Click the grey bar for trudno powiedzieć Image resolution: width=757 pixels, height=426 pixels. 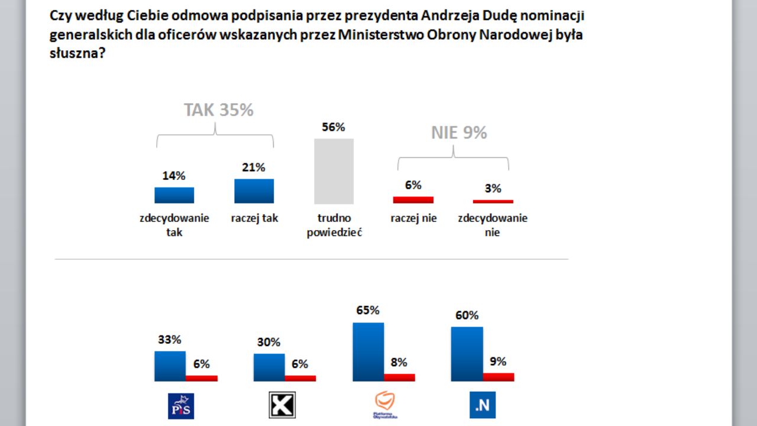pos(334,171)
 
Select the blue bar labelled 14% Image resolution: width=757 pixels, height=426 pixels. pos(174,195)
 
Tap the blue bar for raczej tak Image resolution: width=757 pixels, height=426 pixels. pos(254,191)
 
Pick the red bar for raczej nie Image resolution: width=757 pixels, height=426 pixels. pos(413,200)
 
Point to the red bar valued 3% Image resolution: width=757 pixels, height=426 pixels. pos(493,202)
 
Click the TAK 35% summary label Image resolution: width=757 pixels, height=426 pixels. pos(218,111)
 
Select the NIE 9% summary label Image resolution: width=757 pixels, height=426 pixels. pos(459,133)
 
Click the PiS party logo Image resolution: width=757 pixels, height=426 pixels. pos(181,405)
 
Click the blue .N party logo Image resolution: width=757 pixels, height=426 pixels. pos(482,405)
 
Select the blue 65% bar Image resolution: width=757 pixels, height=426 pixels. pos(368,351)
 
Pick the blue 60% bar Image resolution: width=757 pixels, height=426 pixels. pos(467,354)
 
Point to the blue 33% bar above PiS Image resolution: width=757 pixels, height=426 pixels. pos(170,366)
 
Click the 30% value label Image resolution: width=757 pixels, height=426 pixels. pos(268,343)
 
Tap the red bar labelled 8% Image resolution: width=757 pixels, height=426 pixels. pos(399,377)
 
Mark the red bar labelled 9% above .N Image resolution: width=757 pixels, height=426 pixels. pos(499,377)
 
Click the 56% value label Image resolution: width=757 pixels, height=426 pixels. pos(333,127)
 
